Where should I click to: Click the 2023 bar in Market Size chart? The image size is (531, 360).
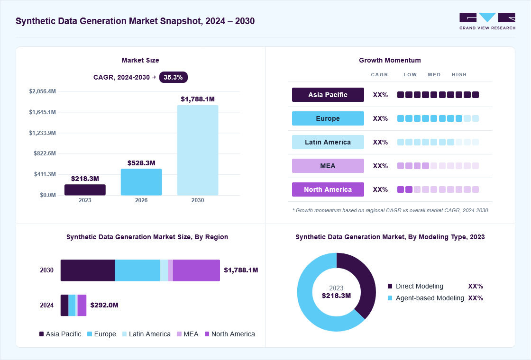pyautogui.click(x=85, y=190)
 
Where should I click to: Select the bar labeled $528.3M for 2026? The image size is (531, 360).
pyautogui.click(x=141, y=182)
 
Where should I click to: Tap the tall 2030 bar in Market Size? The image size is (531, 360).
pyautogui.click(x=198, y=150)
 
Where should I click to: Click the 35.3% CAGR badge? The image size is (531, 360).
pyautogui.click(x=174, y=78)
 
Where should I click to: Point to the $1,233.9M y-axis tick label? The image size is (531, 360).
pyautogui.click(x=42, y=133)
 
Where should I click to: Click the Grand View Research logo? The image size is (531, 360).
pyautogui.click(x=487, y=21)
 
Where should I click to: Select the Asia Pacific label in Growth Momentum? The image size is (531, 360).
pyautogui.click(x=328, y=95)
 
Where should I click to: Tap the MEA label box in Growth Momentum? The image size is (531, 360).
pyautogui.click(x=328, y=166)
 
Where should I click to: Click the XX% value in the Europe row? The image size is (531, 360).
pyautogui.click(x=380, y=118)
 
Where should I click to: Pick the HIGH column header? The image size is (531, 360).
pyautogui.click(x=459, y=75)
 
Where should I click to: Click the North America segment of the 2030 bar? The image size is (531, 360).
pyautogui.click(x=196, y=270)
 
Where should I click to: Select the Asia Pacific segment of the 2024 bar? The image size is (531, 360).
pyautogui.click(x=64, y=305)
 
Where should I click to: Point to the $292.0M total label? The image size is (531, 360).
pyautogui.click(x=104, y=305)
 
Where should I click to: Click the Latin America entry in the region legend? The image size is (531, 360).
pyautogui.click(x=146, y=334)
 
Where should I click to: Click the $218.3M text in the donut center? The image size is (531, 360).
pyautogui.click(x=336, y=296)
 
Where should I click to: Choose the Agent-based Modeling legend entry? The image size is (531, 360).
pyautogui.click(x=426, y=298)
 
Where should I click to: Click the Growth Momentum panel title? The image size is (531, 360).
pyautogui.click(x=390, y=60)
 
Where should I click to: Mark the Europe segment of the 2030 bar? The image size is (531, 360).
pyautogui.click(x=137, y=270)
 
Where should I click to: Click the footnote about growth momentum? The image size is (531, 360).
pyautogui.click(x=390, y=210)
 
